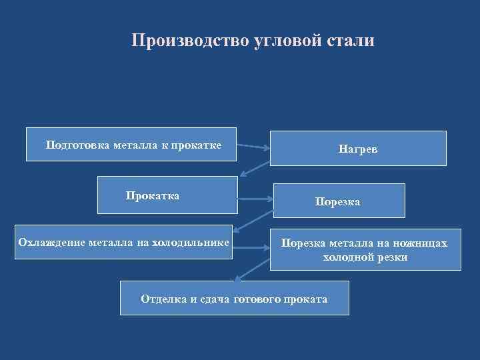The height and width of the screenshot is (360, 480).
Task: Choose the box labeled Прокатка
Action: (167, 195)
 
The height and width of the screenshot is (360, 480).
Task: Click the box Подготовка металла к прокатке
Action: (131, 144)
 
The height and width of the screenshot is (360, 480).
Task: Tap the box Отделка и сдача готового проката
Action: (234, 298)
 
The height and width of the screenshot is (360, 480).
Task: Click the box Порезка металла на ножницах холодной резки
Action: (365, 249)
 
